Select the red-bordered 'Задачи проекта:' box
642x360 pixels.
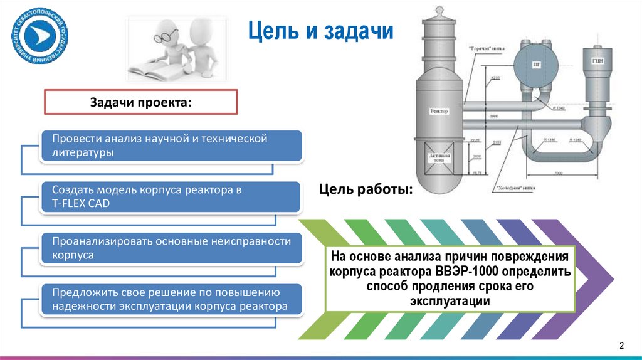click(x=140, y=102)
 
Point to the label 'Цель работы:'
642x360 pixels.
click(x=366, y=189)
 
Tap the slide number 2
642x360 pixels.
click(x=622, y=345)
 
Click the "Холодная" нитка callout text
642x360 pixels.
click(x=515, y=186)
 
